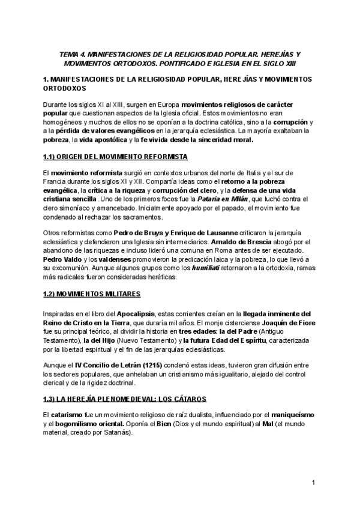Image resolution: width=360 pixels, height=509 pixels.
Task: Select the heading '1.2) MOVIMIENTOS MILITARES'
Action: [x=92, y=294]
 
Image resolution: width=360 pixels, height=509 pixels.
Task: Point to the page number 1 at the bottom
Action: [x=314, y=483]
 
